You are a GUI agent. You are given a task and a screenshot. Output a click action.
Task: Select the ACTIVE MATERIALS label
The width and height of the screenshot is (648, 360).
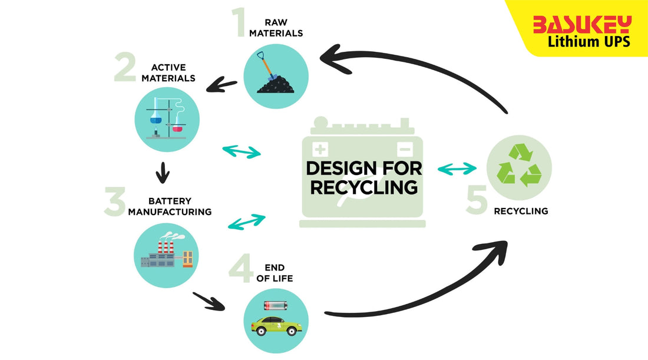[173, 72]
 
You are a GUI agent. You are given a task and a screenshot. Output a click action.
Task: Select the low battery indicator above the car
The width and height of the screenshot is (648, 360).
[276, 305]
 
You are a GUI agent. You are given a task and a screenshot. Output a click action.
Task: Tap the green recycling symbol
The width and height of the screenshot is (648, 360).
[519, 167]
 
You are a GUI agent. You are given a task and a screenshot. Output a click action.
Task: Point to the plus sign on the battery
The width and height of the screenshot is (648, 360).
[320, 148]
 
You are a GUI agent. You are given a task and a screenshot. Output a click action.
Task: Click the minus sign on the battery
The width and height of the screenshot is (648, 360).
[404, 148]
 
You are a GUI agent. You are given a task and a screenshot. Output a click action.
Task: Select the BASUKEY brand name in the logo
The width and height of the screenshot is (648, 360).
[581, 24]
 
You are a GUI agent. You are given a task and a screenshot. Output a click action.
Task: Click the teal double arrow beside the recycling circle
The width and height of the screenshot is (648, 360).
[457, 169]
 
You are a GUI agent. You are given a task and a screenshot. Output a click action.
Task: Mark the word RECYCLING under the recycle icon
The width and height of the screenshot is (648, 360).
[521, 210]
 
